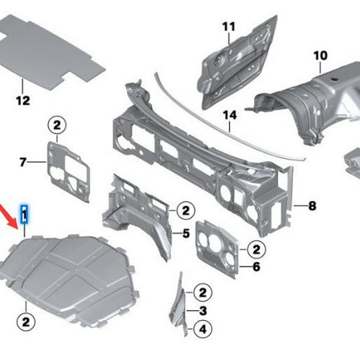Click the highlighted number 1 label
pyautogui.click(x=24, y=214)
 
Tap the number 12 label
pyautogui.click(x=23, y=100)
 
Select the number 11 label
pyautogui.click(x=228, y=26)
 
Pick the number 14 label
pyautogui.click(x=228, y=116)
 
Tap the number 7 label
pyautogui.click(x=23, y=162)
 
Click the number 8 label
pyautogui.click(x=312, y=206)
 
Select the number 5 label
pyautogui.click(x=186, y=232)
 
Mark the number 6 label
pyautogui.click(x=256, y=266)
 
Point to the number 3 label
pyautogui.click(x=203, y=310)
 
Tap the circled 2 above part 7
pyautogui.click(x=57, y=125)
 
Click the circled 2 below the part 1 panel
pyautogui.click(x=25, y=321)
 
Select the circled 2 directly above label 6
pyautogui.click(x=256, y=249)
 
